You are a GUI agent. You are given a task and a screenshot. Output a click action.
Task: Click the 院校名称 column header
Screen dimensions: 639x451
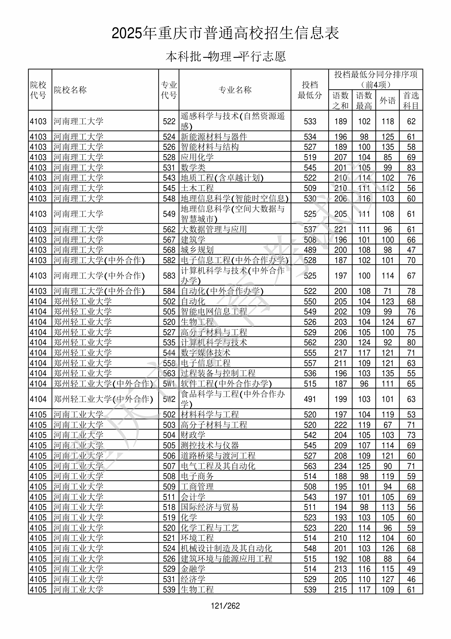(70, 90)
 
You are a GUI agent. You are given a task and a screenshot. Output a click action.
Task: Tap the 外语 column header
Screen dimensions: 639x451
(387, 100)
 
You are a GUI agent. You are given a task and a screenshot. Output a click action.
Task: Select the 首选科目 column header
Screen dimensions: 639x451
(411, 100)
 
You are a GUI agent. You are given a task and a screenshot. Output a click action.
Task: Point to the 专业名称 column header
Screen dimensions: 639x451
(235, 90)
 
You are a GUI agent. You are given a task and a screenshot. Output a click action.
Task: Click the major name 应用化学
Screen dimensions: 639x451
(197, 157)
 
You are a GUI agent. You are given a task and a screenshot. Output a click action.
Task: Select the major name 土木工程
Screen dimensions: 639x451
(197, 188)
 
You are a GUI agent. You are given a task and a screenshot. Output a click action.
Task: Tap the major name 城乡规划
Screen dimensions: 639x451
(197, 250)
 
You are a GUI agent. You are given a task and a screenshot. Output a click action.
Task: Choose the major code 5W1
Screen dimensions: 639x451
(169, 384)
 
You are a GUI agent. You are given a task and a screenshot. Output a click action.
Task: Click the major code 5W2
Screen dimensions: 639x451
(169, 399)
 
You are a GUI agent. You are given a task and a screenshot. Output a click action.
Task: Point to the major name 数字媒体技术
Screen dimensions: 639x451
(205, 353)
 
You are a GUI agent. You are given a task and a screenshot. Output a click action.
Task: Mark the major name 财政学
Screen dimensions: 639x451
(193, 435)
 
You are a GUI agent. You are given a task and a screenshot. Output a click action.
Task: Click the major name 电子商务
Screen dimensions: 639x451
(197, 476)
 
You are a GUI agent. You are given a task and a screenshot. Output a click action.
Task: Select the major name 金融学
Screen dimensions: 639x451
(193, 569)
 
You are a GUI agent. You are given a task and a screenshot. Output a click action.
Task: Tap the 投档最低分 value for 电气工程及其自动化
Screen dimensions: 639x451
(310, 466)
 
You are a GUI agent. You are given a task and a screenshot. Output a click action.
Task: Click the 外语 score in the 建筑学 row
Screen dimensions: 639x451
(388, 240)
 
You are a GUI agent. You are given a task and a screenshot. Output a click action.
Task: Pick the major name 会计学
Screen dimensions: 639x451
(193, 497)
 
